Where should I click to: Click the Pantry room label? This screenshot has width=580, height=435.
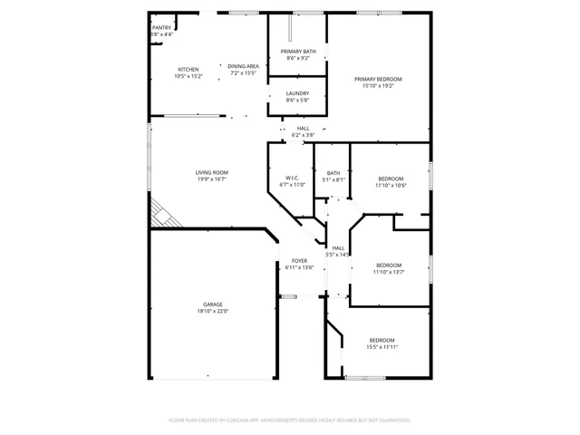[x=161, y=28]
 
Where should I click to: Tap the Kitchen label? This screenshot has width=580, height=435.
[x=188, y=70]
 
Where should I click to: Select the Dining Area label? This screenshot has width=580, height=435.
[x=243, y=66]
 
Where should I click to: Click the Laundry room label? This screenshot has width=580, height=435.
[x=297, y=93]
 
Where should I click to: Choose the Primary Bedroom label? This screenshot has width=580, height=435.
[x=378, y=80]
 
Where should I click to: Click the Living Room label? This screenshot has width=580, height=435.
[x=212, y=172]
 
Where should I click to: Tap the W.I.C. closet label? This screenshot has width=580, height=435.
[x=292, y=178]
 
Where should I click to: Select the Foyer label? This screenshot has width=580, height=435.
[x=299, y=261]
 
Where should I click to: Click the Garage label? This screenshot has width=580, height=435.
[x=213, y=304]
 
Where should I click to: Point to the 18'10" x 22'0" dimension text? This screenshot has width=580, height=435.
[x=213, y=311]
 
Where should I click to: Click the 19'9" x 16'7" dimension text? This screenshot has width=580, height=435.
[x=212, y=179]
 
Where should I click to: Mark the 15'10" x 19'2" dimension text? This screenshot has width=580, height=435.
[x=378, y=86]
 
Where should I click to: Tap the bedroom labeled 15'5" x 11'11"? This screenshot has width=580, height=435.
[x=382, y=343]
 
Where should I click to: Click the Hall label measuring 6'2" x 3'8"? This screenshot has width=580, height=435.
[x=303, y=131]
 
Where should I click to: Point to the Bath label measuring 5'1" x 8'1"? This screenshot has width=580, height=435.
[x=333, y=176]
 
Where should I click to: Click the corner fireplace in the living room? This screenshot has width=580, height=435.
[x=163, y=214]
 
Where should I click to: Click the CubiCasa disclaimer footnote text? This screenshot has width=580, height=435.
[x=290, y=420]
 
